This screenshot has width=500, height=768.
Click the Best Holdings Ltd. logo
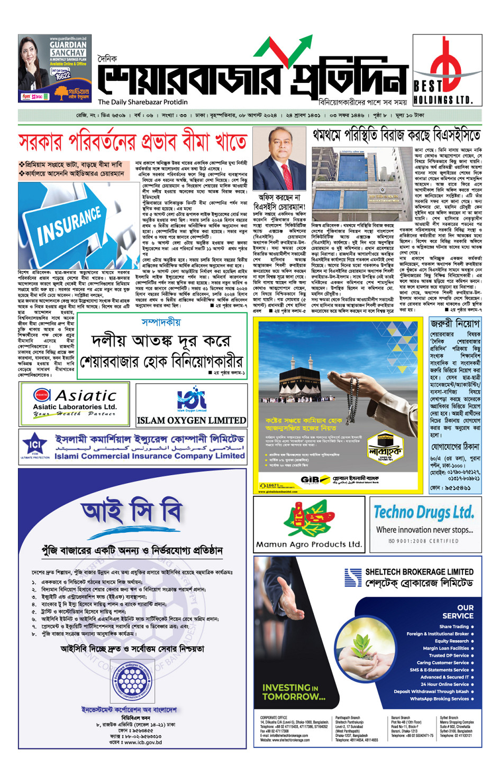click(x=447, y=70)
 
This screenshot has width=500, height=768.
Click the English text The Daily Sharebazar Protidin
click(x=142, y=102)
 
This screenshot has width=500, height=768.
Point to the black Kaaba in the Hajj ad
click(x=302, y=380)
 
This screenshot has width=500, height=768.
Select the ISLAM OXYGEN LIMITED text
click(x=191, y=421)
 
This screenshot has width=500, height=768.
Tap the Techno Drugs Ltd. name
click(x=423, y=512)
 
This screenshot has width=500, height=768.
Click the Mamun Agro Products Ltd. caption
click(x=309, y=544)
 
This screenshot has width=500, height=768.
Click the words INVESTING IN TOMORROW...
click(x=293, y=692)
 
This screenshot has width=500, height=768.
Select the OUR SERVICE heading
click(x=458, y=612)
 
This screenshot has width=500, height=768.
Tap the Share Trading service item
click(x=454, y=626)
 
